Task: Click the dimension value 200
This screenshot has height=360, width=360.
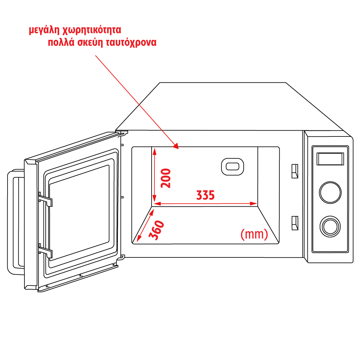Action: pyautogui.click(x=166, y=178)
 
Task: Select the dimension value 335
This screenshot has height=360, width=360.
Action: pyautogui.click(x=205, y=195)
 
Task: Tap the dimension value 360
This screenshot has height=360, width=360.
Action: pyautogui.click(x=156, y=230)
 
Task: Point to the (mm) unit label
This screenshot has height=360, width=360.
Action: pyautogui.click(x=254, y=234)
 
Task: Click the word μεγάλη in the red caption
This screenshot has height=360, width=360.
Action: pyautogui.click(x=47, y=30)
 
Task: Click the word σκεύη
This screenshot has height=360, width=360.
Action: pyautogui.click(x=90, y=42)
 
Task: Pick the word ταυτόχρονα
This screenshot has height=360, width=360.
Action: pyautogui.click(x=131, y=42)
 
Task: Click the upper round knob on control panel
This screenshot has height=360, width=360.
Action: pyautogui.click(x=330, y=192)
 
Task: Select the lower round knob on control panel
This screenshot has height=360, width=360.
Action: pyautogui.click(x=330, y=226)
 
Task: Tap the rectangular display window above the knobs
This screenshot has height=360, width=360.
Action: pyautogui.click(x=330, y=158)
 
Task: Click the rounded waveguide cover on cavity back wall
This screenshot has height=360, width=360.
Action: pyautogui.click(x=232, y=167)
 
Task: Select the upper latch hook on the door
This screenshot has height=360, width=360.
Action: pyautogui.click(x=46, y=199)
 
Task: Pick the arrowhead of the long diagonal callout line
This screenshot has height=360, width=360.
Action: pyautogui.click(x=176, y=146)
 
